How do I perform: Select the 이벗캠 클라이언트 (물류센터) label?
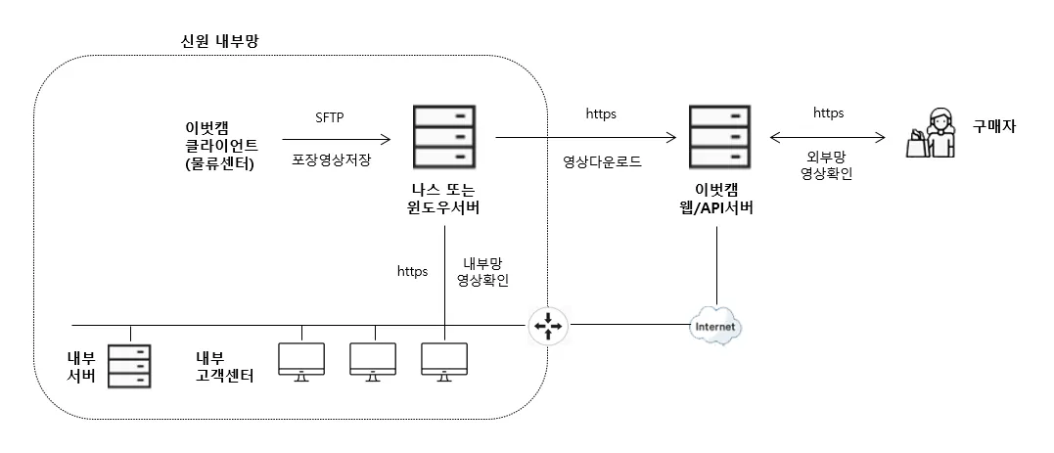[221, 145]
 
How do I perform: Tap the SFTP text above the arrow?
[330, 116]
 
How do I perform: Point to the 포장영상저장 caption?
[332, 159]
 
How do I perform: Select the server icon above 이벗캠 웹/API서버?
[720, 135]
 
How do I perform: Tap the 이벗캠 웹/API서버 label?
[720, 198]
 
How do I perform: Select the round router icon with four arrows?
[547, 326]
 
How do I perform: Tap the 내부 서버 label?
[79, 367]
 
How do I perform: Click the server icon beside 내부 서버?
[130, 366]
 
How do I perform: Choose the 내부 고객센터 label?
[225, 367]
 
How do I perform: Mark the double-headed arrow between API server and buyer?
[827, 138]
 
